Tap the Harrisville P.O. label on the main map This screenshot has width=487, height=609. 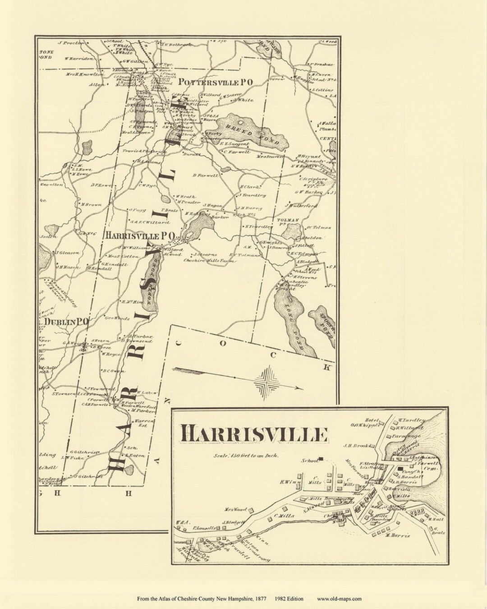(142, 236)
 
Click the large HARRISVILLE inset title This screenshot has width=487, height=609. (254, 434)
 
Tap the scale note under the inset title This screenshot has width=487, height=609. (247, 455)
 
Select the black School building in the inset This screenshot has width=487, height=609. (322, 460)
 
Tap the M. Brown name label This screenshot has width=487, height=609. (92, 204)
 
